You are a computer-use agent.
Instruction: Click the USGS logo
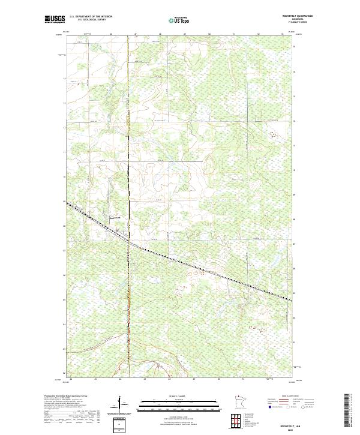pos(55,19)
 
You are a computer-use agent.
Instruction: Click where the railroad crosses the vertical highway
pos(128,241)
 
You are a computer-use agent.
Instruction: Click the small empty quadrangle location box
pos(120,425)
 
